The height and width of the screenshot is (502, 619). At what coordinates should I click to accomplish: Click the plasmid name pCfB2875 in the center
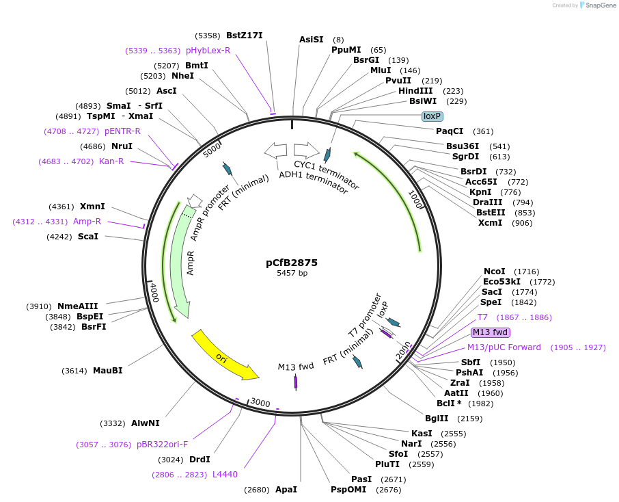292,262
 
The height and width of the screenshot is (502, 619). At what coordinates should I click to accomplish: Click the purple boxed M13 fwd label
491,332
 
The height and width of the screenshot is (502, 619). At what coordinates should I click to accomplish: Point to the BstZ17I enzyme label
244,36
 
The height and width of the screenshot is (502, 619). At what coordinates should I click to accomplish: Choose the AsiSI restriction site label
311,40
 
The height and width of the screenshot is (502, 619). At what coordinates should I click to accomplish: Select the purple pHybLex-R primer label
208,51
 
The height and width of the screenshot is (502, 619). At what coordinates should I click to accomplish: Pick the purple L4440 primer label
225,474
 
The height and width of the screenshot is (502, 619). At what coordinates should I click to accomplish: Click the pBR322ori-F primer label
162,445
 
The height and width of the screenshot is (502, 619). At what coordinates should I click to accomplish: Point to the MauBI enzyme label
107,371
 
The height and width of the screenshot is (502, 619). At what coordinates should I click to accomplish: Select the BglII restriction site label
437,418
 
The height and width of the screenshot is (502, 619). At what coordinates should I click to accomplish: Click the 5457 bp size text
292,274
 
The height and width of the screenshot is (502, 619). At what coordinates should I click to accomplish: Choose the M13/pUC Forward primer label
504,347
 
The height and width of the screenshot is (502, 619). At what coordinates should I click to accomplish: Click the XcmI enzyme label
490,223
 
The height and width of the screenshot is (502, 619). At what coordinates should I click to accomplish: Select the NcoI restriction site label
494,272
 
